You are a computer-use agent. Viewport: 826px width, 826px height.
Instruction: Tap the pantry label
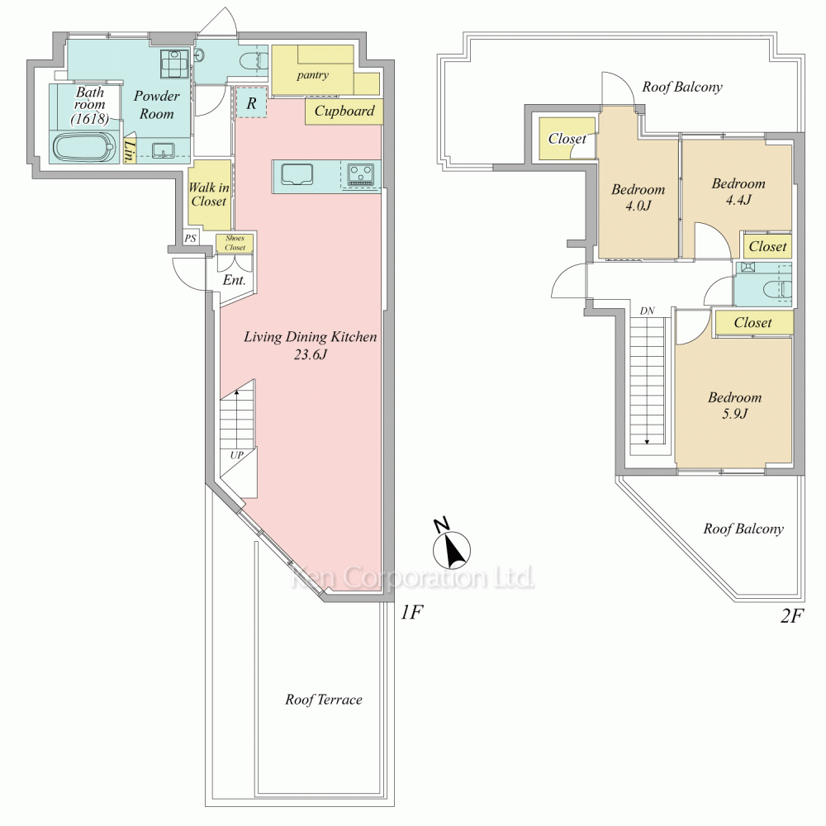point(312,75)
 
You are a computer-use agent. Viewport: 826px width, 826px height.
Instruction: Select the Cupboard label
point(344,112)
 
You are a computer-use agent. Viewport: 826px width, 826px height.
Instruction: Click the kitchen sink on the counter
point(297,174)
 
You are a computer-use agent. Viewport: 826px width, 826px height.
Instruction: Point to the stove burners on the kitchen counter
point(362,174)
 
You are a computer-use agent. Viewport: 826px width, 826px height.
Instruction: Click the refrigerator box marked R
point(251,103)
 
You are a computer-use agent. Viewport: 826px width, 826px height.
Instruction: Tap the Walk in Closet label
point(209,194)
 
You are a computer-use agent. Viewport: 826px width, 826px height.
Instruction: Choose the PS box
point(190,238)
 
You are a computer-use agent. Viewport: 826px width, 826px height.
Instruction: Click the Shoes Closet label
point(235,243)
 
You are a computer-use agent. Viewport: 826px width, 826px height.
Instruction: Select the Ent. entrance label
point(234,280)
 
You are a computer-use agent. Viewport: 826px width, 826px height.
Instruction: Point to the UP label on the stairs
point(236,455)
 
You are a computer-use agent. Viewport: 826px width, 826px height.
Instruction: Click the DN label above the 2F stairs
point(647,311)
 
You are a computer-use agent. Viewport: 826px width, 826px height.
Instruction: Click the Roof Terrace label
point(324,700)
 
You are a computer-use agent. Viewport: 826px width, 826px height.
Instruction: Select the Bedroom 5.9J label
point(734,405)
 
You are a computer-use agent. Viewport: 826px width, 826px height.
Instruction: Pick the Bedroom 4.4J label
point(738,192)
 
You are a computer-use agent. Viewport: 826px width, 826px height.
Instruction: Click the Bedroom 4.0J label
point(638,197)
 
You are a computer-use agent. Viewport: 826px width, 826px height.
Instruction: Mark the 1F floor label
point(411,612)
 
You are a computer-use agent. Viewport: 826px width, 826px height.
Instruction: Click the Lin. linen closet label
point(129,150)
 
